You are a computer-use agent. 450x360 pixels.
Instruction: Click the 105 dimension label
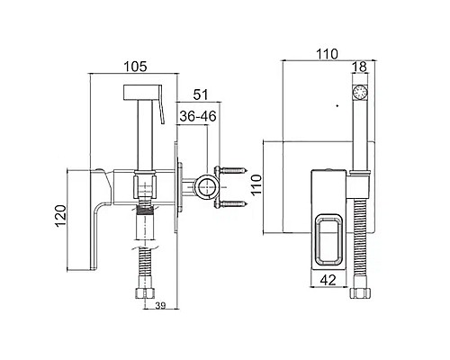tap(136, 67)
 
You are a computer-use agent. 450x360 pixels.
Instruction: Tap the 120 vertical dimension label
tap(61, 216)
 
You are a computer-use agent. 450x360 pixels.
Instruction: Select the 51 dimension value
tap(201, 94)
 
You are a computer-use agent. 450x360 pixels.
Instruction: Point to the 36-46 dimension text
tap(198, 116)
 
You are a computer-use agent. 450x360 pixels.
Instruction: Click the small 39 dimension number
tap(160, 306)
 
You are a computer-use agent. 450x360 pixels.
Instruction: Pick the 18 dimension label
tap(359, 67)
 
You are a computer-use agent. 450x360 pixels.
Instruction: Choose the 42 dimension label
tap(328, 280)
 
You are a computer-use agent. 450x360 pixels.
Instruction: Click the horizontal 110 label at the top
tap(327, 54)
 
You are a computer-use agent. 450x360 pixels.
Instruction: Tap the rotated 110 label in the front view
tap(256, 185)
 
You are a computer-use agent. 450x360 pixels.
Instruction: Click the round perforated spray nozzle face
tap(360, 92)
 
